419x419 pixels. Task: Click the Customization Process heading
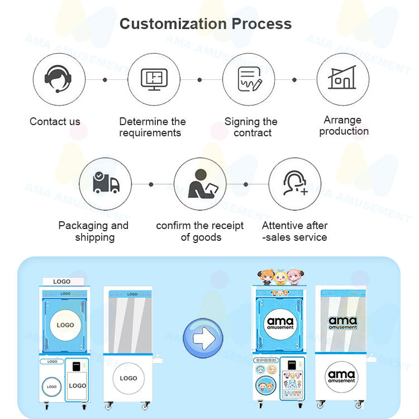(206, 24)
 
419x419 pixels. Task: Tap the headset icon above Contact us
(59, 79)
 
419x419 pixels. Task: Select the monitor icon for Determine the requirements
(154, 79)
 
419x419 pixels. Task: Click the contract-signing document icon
(249, 79)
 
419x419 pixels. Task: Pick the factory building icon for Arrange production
(343, 79)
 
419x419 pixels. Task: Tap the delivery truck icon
(105, 183)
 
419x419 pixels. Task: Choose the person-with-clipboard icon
(199, 183)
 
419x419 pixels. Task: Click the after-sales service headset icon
(295, 183)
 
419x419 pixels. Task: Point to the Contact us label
(55, 122)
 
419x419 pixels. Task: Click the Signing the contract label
(251, 127)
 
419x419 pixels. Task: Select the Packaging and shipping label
(93, 231)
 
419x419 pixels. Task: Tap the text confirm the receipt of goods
(200, 231)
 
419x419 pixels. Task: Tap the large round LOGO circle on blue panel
(65, 325)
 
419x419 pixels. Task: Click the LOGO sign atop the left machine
(61, 281)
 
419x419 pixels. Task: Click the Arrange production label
(344, 126)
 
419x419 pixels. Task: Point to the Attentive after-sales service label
(294, 231)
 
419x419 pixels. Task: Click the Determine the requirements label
(153, 127)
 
